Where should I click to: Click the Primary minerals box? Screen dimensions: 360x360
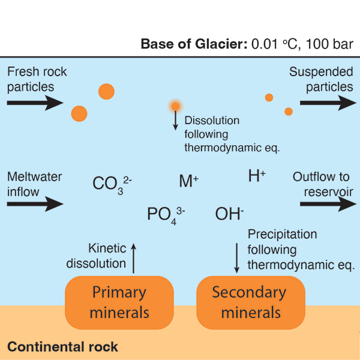[119, 302]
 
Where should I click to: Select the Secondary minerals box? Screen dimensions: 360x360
[250, 302]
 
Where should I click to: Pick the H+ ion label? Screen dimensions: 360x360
[257, 176]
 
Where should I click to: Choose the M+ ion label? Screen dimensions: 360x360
[188, 181]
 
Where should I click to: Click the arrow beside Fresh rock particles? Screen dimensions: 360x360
[35, 103]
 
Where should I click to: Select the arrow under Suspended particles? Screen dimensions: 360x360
[328, 103]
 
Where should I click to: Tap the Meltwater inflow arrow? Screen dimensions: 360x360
[35, 205]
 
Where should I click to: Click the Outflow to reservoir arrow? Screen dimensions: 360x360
[328, 205]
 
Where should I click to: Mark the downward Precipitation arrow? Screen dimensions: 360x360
[236, 256]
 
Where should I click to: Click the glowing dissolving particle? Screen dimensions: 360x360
[175, 107]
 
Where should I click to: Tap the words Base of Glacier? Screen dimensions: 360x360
[179, 44]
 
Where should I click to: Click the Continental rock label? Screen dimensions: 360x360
[62, 347]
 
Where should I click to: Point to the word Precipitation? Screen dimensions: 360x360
[282, 234]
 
